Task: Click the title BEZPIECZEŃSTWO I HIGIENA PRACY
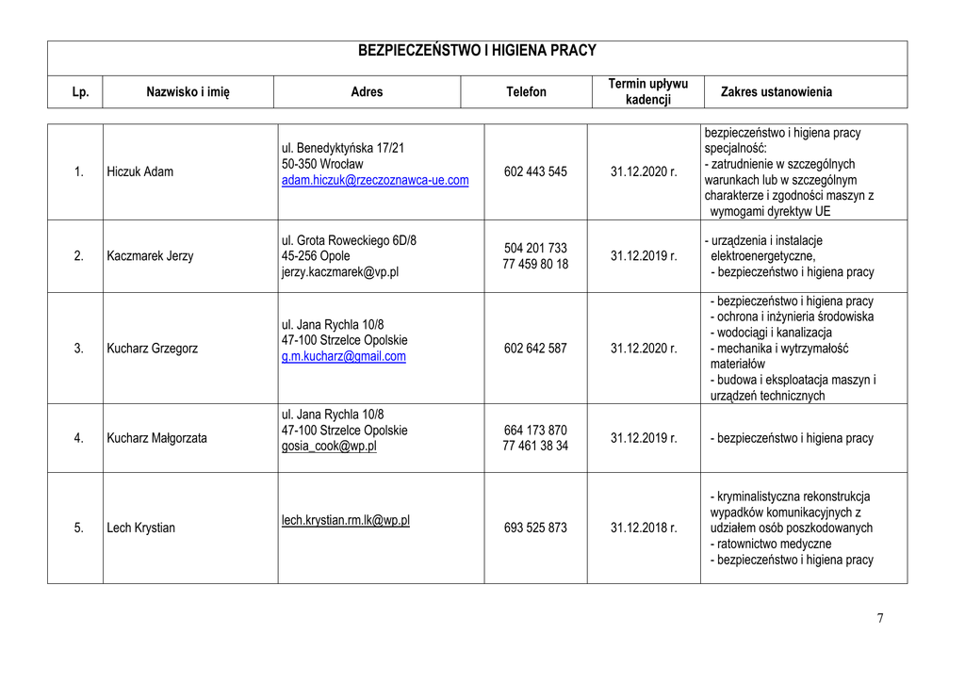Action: [477, 51]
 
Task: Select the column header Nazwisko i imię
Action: [188, 91]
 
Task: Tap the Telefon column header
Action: [526, 91]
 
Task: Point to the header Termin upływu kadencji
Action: [647, 91]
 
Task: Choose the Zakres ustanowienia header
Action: [776, 91]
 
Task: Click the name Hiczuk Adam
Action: [140, 171]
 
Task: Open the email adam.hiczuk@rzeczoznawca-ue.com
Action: [375, 180]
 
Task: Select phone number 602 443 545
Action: [535, 171]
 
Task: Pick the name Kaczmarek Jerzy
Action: [150, 256]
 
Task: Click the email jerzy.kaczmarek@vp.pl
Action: [339, 272]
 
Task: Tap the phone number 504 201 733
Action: [535, 248]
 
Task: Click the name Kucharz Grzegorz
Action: [153, 349]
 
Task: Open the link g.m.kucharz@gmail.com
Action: [343, 356]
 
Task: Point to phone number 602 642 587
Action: [535, 349]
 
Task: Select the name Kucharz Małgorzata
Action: [156, 438]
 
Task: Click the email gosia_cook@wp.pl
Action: [329, 447]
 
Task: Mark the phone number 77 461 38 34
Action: [535, 447]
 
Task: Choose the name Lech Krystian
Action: [141, 528]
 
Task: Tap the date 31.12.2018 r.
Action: [644, 528]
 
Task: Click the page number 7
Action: [880, 618]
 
